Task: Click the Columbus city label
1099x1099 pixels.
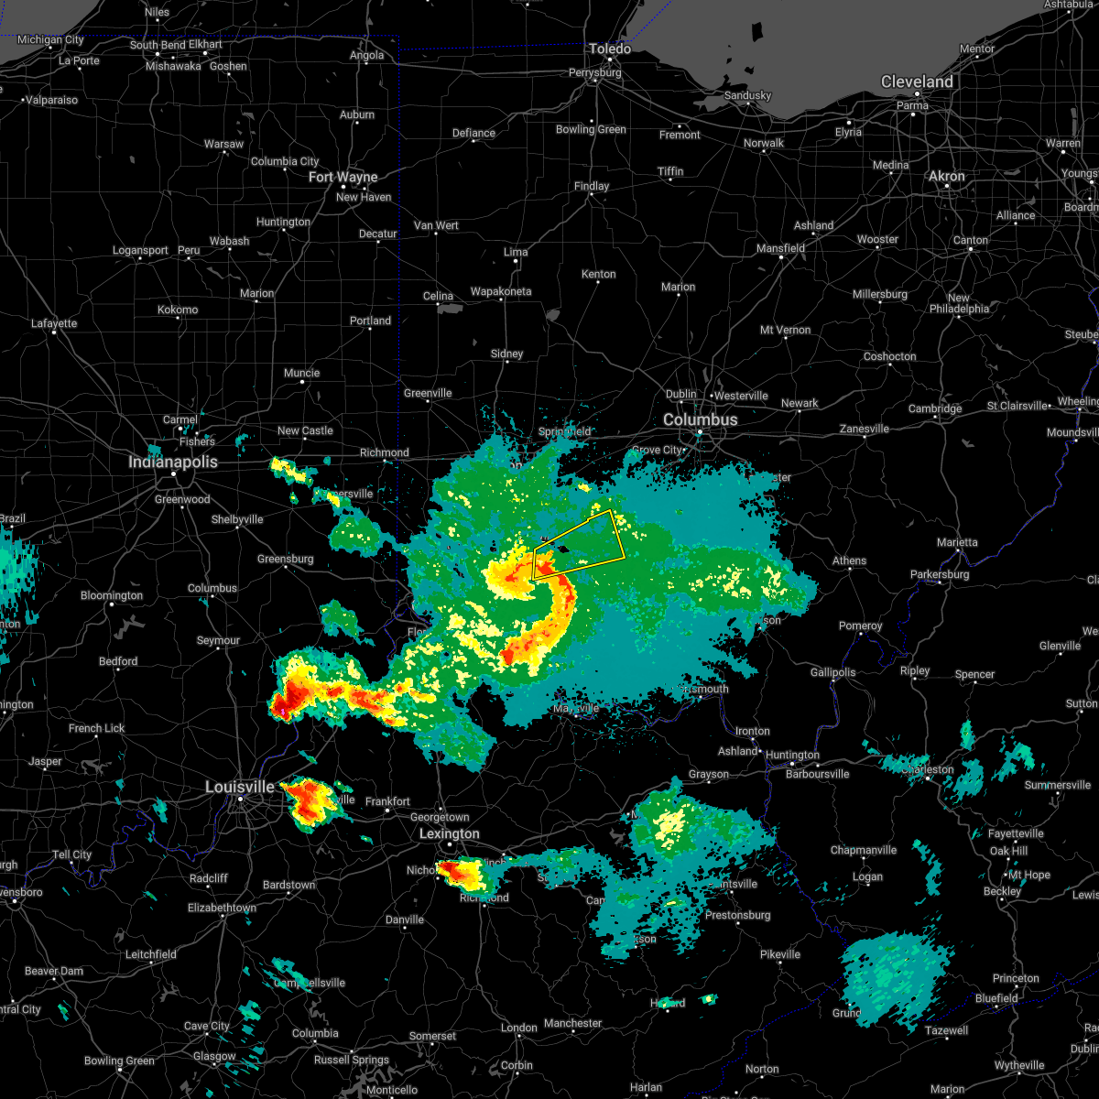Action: (x=700, y=419)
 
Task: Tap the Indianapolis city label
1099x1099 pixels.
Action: (x=173, y=462)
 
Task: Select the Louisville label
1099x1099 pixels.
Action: (x=239, y=787)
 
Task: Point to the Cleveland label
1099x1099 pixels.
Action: (x=917, y=82)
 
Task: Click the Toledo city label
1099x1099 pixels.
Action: (x=610, y=49)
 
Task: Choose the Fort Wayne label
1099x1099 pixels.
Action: (x=343, y=177)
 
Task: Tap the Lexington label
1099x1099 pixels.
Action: (x=449, y=833)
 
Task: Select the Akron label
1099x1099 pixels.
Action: (x=947, y=176)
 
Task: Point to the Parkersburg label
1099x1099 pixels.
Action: (x=940, y=574)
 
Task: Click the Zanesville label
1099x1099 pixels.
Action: (x=864, y=429)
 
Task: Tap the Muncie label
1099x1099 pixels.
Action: (x=301, y=373)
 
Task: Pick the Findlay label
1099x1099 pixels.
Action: (x=592, y=186)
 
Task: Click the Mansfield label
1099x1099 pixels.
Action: (x=780, y=248)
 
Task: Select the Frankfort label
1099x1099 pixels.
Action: (x=387, y=801)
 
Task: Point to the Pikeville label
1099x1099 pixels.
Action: (x=780, y=954)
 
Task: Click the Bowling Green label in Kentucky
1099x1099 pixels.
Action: (x=119, y=1061)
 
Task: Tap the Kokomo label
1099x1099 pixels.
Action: (x=178, y=310)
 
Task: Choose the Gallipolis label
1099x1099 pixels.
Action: (x=832, y=672)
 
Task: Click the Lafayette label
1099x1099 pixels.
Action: (x=54, y=323)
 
